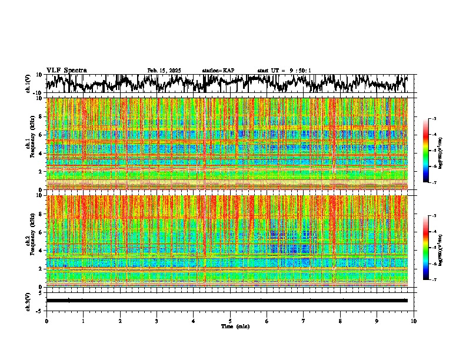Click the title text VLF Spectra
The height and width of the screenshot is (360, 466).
(x=66, y=70)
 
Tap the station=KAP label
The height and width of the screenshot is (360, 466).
(x=218, y=71)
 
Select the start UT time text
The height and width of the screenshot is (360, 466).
(x=284, y=71)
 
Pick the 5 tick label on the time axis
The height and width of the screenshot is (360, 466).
(x=230, y=321)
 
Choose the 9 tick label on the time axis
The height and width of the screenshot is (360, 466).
(x=377, y=321)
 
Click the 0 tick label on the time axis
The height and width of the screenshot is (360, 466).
(x=46, y=321)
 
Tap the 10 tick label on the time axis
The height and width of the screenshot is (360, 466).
(x=414, y=321)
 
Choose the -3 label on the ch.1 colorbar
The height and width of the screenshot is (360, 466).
(x=434, y=119)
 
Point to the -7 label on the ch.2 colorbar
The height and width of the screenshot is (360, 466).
(x=434, y=280)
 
